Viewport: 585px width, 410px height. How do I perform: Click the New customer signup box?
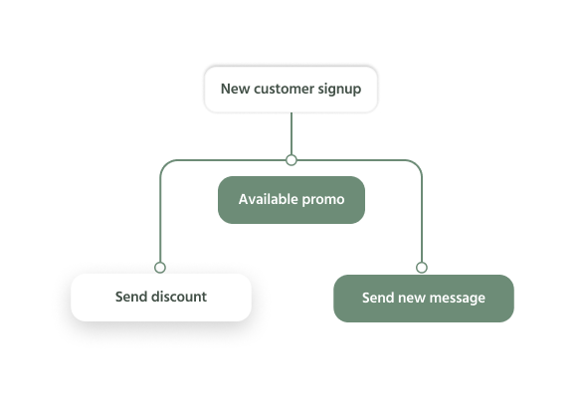point(291,90)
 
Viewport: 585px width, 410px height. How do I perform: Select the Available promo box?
point(292,200)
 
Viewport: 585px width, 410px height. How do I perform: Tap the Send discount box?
point(161,298)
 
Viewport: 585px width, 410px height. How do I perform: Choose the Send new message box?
point(424,299)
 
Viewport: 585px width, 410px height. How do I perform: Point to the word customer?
point(284,89)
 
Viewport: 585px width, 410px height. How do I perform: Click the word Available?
point(269,199)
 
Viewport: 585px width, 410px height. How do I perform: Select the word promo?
point(323,200)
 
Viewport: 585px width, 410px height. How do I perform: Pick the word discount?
point(179,297)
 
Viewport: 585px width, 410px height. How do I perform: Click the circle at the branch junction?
point(292,160)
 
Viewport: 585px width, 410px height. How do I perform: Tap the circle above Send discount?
point(160,268)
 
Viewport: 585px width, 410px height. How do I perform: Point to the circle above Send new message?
point(422,268)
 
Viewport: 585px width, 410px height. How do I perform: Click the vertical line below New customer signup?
point(292,133)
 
